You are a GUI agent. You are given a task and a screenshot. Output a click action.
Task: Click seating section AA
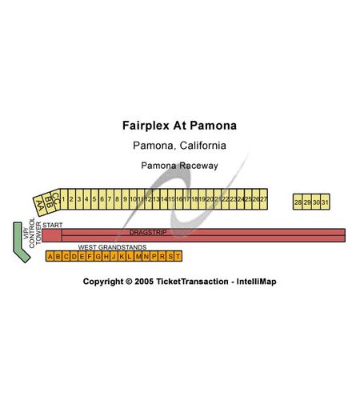click(x=39, y=206)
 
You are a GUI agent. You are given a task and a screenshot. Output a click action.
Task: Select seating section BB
click(x=48, y=202)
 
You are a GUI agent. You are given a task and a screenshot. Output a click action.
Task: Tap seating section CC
click(x=55, y=199)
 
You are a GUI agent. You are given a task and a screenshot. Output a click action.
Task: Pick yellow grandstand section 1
click(x=64, y=199)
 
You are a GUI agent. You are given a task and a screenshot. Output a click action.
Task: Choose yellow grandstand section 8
click(x=118, y=199)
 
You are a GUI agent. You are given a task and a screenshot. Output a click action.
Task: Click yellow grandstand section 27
click(x=264, y=199)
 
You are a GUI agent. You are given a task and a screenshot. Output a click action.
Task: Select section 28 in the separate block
click(x=298, y=202)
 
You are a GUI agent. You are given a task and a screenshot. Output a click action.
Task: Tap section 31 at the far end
click(x=325, y=202)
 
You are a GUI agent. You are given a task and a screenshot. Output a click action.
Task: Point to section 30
click(x=316, y=202)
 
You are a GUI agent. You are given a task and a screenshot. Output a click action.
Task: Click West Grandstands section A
click(x=50, y=256)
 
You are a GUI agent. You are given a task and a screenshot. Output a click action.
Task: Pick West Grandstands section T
click(x=178, y=256)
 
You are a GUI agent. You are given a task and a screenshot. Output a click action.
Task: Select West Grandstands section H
click(x=106, y=256)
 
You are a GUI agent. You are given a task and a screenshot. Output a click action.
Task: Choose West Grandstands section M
click(x=138, y=256)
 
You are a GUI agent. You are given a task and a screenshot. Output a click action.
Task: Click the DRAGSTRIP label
click(x=148, y=233)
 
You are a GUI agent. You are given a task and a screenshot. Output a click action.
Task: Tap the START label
click(x=53, y=225)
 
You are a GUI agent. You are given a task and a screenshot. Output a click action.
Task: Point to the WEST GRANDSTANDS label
click(x=112, y=247)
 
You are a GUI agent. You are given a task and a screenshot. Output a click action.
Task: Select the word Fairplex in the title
click(x=146, y=126)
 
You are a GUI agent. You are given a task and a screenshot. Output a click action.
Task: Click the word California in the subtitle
click(x=203, y=146)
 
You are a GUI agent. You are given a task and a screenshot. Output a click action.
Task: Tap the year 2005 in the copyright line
click(x=144, y=282)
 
